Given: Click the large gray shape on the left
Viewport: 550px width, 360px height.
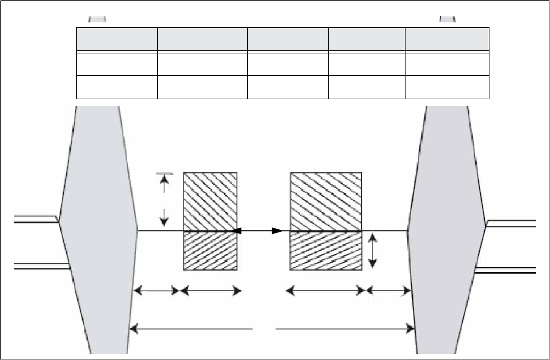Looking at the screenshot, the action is pos(97,229).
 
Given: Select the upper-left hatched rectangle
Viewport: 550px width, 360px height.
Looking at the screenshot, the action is pos(210,201).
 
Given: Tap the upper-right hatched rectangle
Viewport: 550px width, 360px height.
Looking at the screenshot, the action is pos(326,201).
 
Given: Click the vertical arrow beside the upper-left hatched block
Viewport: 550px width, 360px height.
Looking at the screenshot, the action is pos(164,201).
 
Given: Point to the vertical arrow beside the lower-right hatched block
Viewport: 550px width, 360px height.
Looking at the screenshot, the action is pos(372,251).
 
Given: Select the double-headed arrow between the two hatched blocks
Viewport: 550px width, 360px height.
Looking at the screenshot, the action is pos(257,231).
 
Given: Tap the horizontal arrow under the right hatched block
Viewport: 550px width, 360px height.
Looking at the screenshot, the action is pos(326,291).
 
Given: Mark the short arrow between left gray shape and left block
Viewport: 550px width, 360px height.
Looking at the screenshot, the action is pos(156,291).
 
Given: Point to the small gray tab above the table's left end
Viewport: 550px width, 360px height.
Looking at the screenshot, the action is pos(97,19).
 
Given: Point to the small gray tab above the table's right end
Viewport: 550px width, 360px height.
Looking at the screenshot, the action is pos(447,19).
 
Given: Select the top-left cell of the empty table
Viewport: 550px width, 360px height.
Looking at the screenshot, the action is pos(117,39).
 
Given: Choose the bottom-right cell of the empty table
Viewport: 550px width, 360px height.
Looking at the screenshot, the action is pos(447,86).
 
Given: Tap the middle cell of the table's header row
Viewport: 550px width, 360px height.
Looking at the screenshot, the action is pos(287,39).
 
